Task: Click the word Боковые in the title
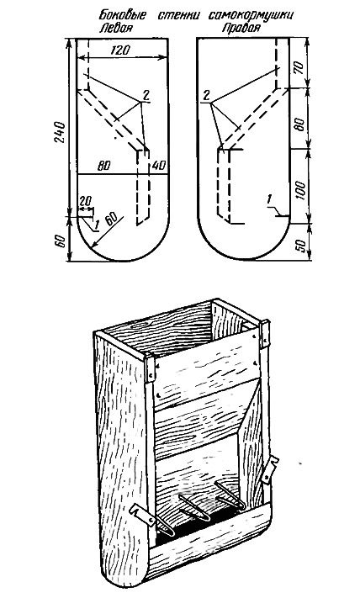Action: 123,16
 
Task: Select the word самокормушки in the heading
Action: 251,16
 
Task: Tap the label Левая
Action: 117,28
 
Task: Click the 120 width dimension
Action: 120,50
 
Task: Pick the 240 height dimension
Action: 61,132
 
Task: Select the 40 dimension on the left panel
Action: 159,166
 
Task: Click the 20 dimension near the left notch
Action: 87,201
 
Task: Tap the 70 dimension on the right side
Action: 299,67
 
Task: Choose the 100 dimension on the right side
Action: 300,190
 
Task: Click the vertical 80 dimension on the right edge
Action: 300,124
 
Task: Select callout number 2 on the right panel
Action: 206,95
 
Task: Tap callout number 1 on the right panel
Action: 270,198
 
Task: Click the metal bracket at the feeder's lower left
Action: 140,513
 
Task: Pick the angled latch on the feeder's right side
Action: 270,468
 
